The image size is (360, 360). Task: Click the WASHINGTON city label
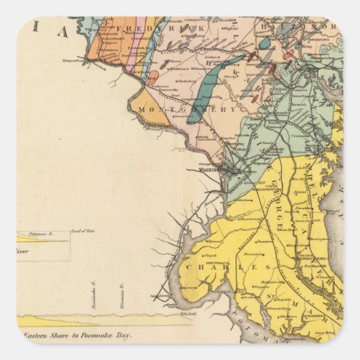point(212,171)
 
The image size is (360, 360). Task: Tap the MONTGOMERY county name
point(187,109)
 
